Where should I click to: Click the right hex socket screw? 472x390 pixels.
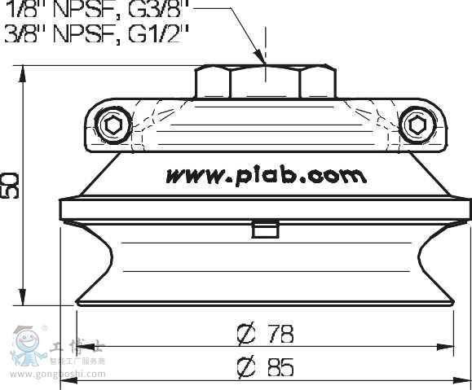pos(417,126)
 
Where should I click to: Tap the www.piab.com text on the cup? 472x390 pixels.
pos(266,175)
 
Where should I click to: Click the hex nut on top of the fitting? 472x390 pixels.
pos(266,81)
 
